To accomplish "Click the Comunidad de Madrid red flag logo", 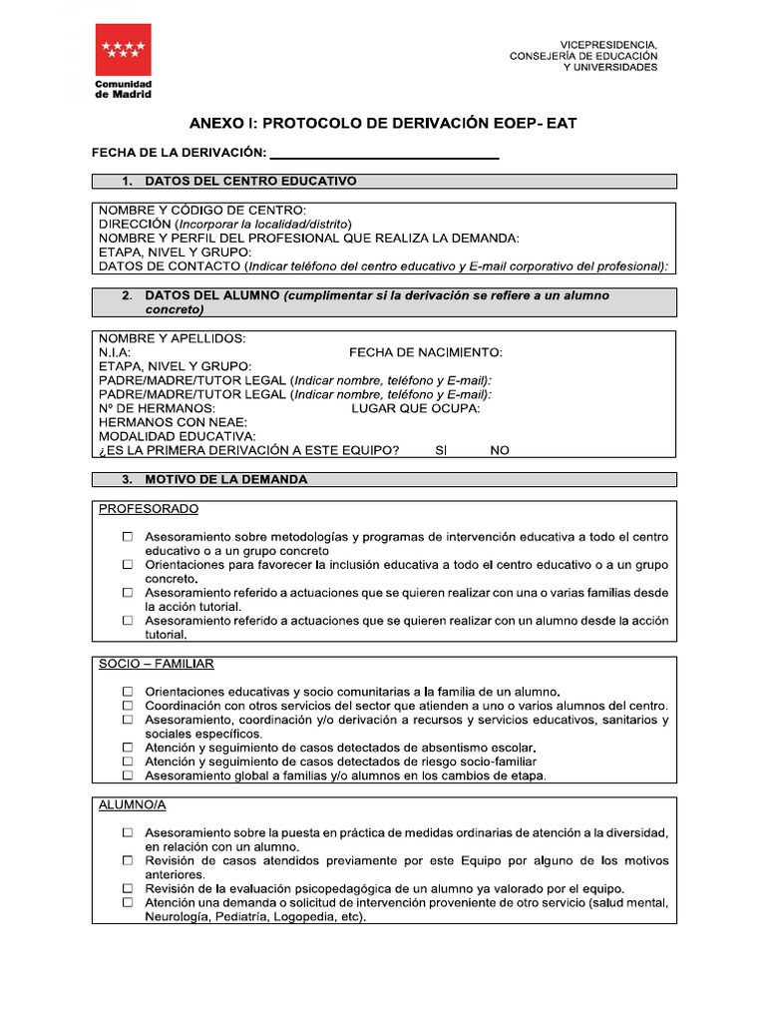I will [x=123, y=49].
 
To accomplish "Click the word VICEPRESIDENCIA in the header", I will [x=607, y=45].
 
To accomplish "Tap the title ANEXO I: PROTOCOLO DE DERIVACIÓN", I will [x=383, y=123].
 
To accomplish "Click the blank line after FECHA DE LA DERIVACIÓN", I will [x=384, y=152].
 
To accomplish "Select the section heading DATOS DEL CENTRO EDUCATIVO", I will [x=250, y=181].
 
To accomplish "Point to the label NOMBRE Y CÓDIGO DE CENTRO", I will [x=202, y=211].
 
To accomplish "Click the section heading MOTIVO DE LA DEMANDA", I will [x=226, y=479].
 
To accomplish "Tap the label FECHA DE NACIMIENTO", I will [x=425, y=352].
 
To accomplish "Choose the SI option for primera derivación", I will [x=442, y=450].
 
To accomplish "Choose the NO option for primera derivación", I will [x=500, y=450].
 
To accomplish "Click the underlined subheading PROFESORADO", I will [x=149, y=509].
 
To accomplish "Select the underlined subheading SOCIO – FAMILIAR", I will [x=157, y=664].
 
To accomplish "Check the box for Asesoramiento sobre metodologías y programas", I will [x=128, y=537].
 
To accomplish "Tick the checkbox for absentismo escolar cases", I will [x=128, y=748].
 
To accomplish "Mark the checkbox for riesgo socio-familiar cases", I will [x=128, y=762].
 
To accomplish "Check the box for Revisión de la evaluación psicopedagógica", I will [x=128, y=888].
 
